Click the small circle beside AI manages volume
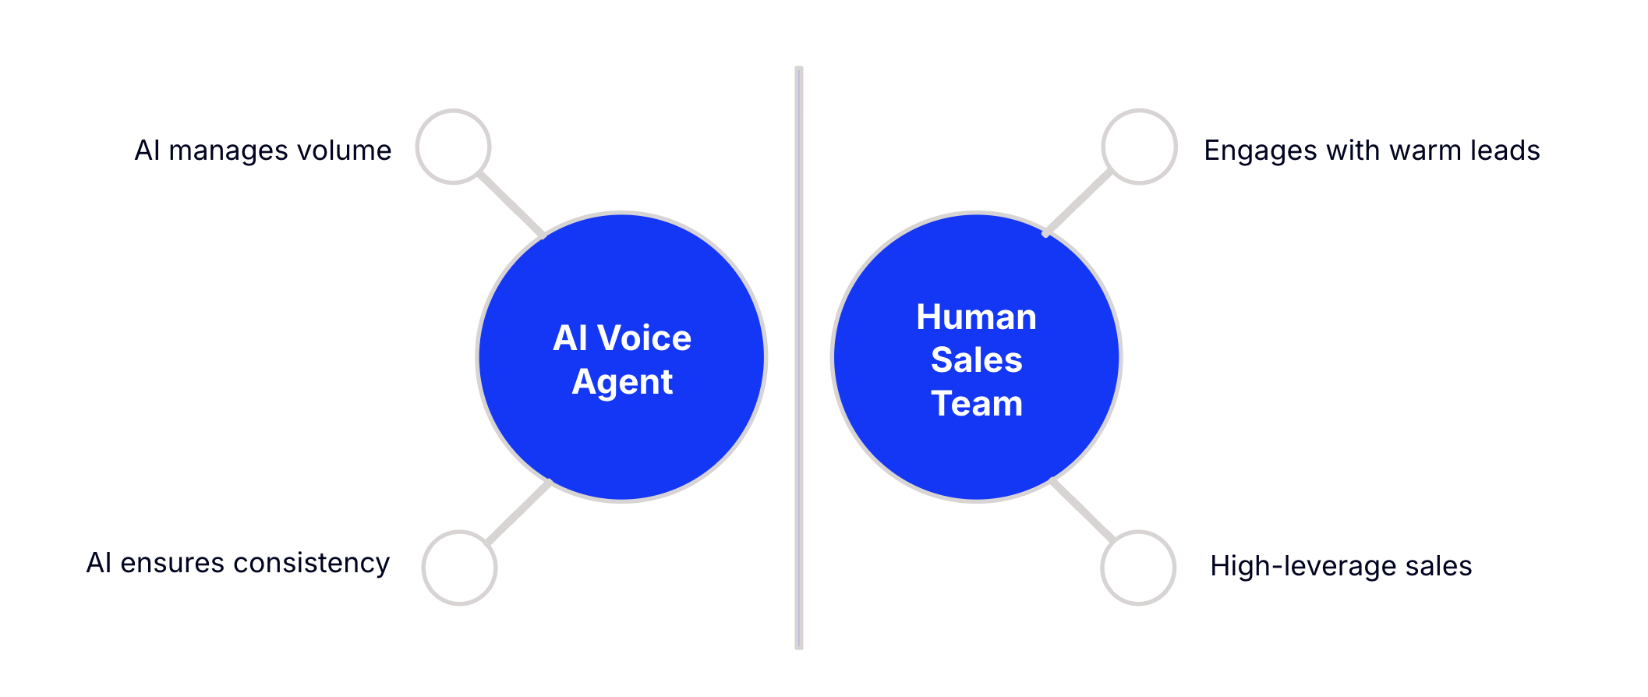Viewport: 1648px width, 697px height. point(453,147)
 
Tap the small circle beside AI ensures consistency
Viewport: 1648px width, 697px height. point(459,568)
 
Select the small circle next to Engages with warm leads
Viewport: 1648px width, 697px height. point(1139,147)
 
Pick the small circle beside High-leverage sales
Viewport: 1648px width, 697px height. point(1138,568)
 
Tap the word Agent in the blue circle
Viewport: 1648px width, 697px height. point(622,382)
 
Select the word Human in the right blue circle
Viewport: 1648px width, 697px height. point(976,317)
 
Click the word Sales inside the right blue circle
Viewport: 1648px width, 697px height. point(976,360)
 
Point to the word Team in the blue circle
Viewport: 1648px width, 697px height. point(976,404)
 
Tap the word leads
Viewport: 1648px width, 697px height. point(1505,150)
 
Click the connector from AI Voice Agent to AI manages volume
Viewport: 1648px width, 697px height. point(511,204)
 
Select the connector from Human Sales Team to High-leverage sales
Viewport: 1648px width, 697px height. point(1083,509)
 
